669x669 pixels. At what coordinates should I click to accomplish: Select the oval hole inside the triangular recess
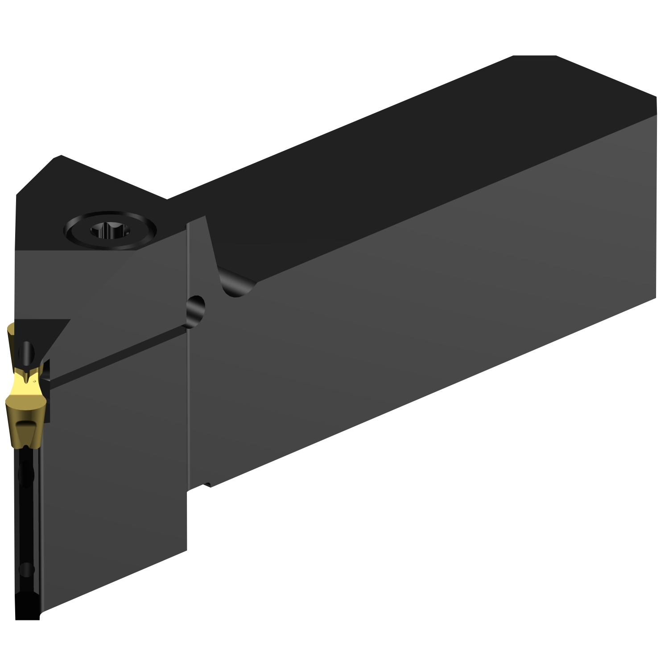[x=28, y=352]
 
